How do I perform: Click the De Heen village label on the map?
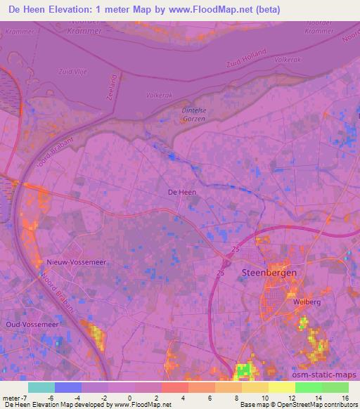(x=181, y=192)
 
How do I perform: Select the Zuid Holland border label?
(x=247, y=58)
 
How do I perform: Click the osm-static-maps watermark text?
(x=329, y=376)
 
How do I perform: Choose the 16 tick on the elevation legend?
(x=345, y=398)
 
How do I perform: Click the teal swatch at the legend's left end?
(x=41, y=387)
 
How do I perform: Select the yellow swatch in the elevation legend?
(x=281, y=387)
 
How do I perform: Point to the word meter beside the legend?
(x=10, y=398)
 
